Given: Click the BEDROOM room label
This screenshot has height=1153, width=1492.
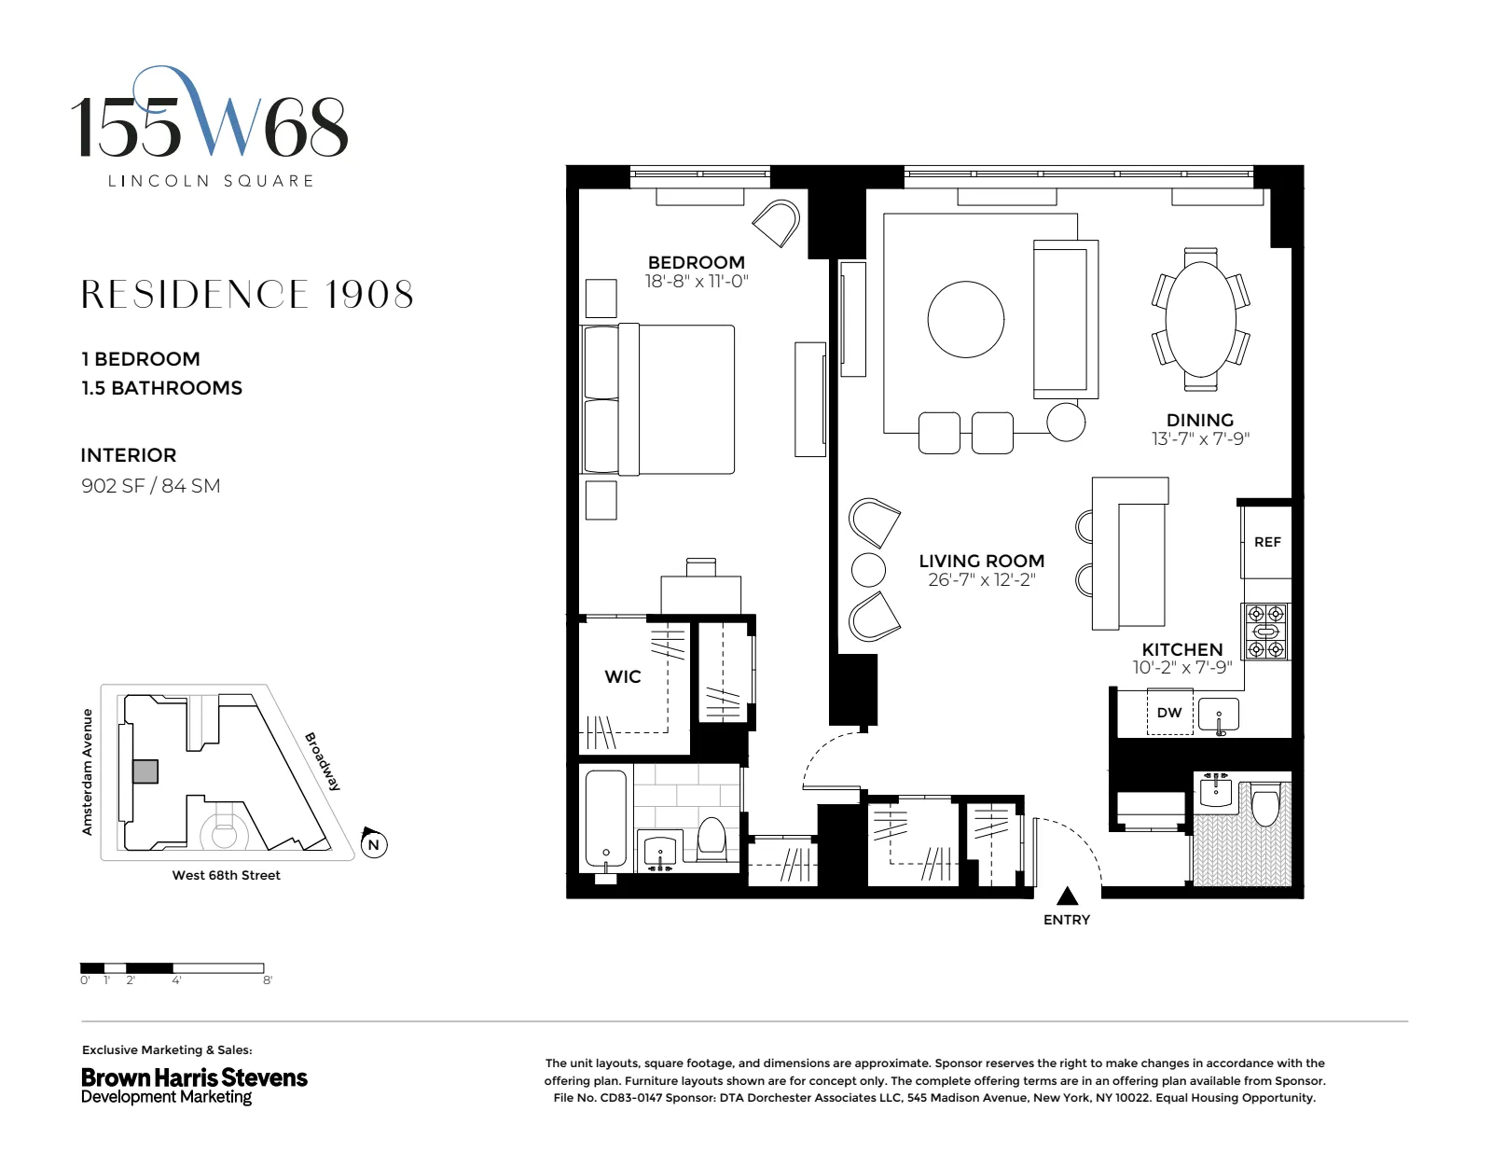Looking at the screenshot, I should pos(696,262).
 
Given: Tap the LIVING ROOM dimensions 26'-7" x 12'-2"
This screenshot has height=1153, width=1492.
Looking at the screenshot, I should pos(981,580).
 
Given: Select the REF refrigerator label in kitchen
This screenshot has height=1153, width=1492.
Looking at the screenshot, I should pos(1266,542).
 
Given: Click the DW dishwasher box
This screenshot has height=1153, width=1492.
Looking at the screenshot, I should pos(1168,713).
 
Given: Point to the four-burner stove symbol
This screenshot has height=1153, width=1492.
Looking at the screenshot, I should pos(1266,632).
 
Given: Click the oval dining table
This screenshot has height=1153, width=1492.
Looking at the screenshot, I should pos(1200,318).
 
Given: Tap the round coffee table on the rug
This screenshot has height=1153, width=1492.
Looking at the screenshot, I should pos(966,318).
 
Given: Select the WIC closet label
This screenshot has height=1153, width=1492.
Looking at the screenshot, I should pos(622,677).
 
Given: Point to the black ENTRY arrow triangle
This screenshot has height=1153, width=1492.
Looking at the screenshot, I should pos(1067,896).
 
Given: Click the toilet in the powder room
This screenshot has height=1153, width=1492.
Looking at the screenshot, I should pos(1264,808).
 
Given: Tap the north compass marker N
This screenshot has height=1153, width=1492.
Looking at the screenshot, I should pos(373,844).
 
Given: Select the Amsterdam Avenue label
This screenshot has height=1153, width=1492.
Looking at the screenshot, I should pos(88,771).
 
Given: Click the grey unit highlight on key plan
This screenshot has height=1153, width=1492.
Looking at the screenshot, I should pos(145,771).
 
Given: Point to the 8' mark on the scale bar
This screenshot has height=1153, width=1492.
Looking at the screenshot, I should pos(267,980).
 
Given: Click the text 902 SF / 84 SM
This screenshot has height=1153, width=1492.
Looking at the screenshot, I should pos(150,485).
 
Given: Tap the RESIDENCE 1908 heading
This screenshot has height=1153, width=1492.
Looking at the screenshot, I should pos(247,295).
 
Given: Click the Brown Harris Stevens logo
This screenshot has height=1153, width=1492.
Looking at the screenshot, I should pos(194,1085).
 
